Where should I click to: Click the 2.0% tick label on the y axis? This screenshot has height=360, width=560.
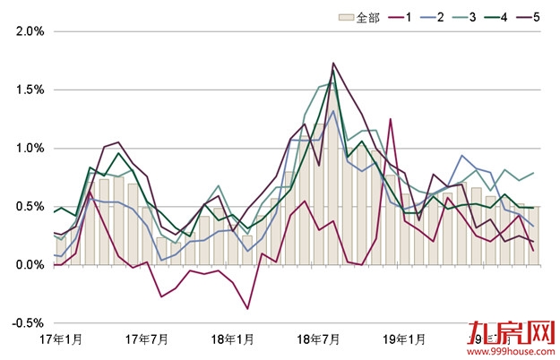(30, 31)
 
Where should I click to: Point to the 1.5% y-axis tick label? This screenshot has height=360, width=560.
(30, 90)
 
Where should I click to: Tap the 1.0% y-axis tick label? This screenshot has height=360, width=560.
(30, 148)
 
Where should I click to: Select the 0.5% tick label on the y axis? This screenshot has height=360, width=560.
(30, 206)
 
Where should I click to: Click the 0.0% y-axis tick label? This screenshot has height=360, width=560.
(30, 264)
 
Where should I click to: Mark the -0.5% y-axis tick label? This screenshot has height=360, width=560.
(29, 322)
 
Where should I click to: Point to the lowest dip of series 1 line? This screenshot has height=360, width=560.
(247, 309)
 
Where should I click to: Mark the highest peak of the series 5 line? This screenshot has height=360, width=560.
(333, 64)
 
